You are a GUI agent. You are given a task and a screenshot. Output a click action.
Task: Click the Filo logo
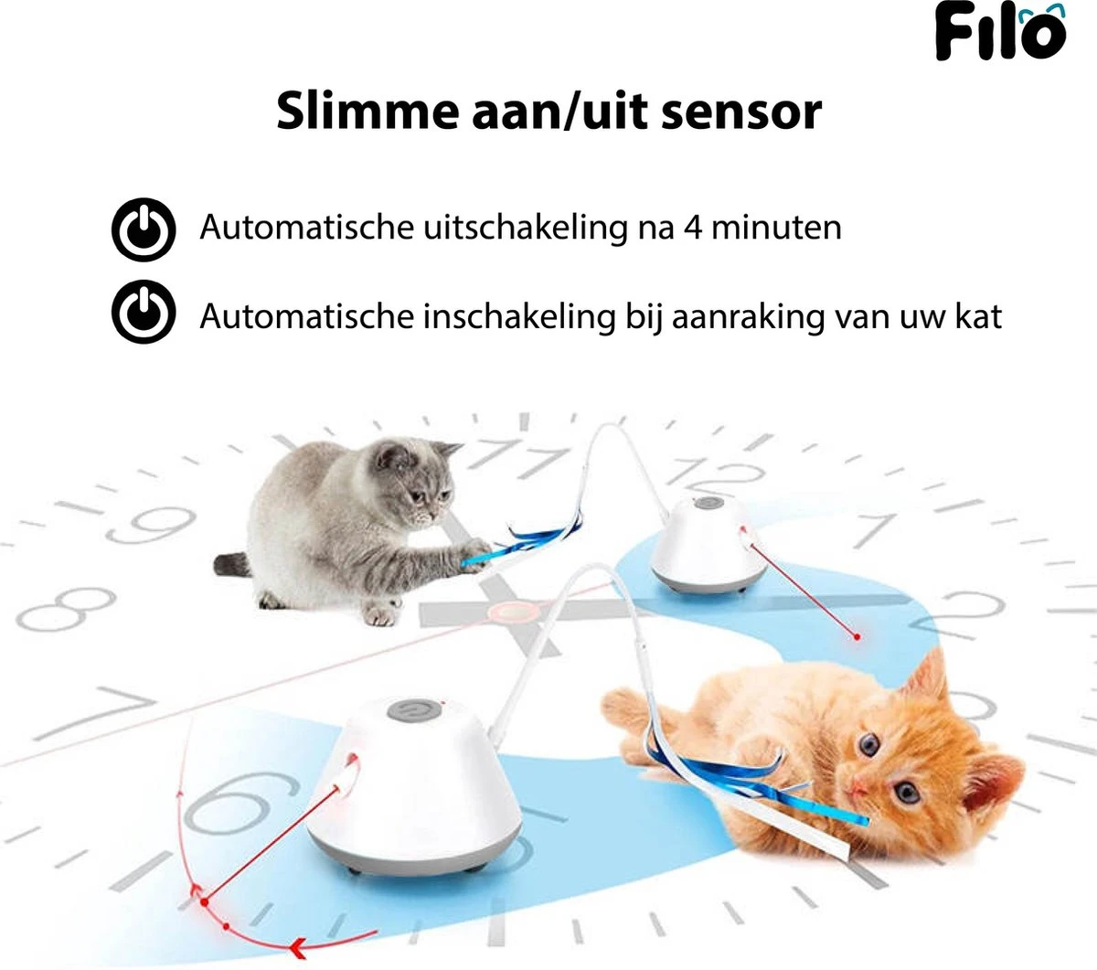(x=1000, y=32)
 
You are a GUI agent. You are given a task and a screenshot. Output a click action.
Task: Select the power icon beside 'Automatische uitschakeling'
(x=143, y=229)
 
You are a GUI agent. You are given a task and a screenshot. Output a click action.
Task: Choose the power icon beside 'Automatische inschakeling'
(x=143, y=313)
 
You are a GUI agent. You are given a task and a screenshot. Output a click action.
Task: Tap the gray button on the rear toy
(x=707, y=502)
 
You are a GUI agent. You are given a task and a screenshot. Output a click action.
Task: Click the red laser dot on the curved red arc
(x=203, y=902)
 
